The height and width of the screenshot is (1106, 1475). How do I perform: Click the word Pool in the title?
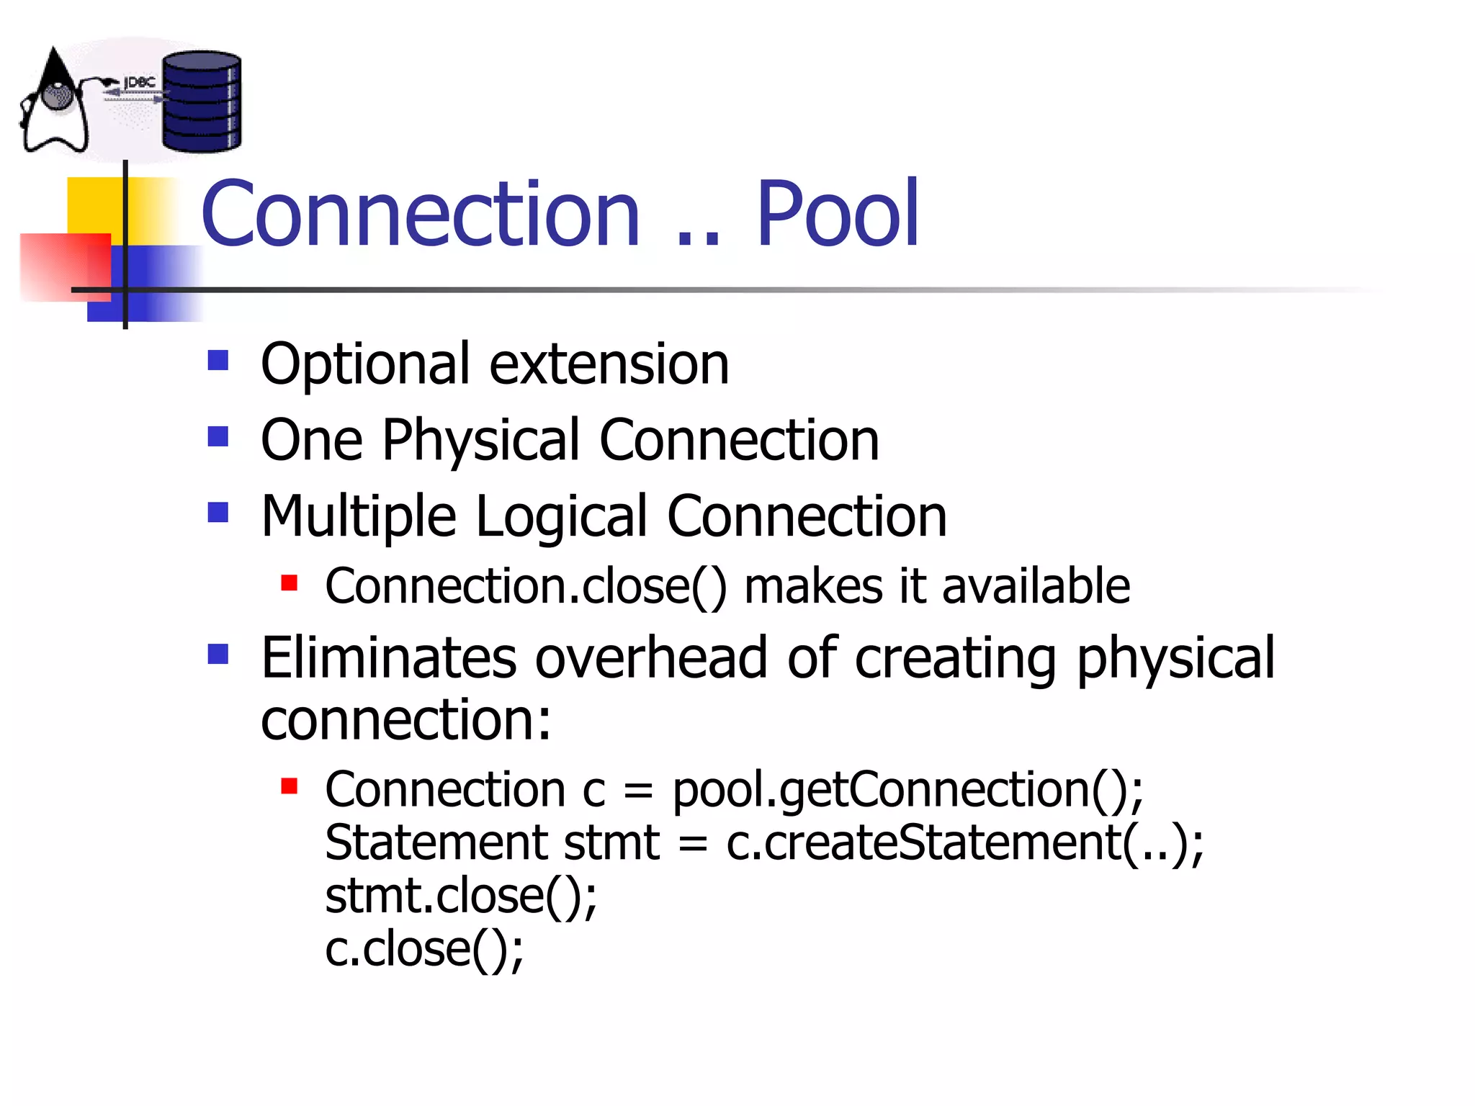[x=837, y=214]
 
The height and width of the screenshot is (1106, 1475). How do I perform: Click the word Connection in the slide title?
[x=421, y=214]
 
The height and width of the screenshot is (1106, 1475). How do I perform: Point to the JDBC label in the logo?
[x=140, y=82]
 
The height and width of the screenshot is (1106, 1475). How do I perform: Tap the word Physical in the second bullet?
[x=481, y=441]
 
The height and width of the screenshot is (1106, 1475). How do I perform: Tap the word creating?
[x=955, y=659]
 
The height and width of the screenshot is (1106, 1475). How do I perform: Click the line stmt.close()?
[x=461, y=896]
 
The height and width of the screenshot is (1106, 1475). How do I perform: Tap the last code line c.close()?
[x=424, y=949]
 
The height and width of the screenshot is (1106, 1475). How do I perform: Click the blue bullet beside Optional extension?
[x=218, y=360]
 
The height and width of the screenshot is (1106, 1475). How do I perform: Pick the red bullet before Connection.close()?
[x=290, y=583]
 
